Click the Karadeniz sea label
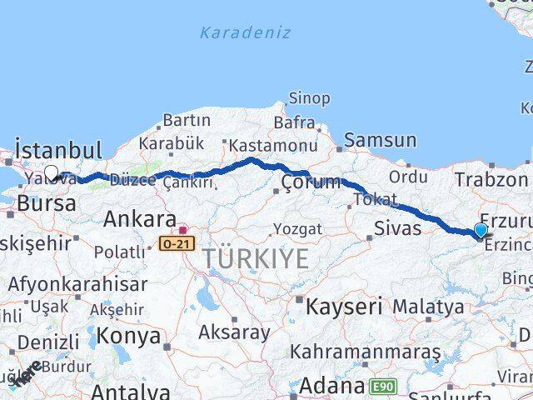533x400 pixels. tap(245, 33)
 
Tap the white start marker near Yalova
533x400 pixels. tap(51, 173)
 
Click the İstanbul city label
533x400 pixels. tap(58, 151)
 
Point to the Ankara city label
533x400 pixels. tap(139, 220)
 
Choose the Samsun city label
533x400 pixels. tap(380, 141)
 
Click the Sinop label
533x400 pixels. tap(309, 98)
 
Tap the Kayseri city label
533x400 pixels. tap(343, 306)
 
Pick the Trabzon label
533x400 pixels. tap(491, 179)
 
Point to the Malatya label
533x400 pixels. tap(428, 307)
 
